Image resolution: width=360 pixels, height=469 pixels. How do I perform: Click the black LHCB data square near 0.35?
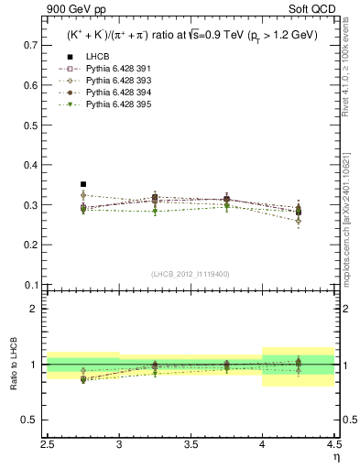click(x=82, y=184)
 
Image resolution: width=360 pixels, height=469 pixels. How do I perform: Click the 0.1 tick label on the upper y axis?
click(x=31, y=285)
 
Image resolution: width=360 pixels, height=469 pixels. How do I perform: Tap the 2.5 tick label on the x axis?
click(x=48, y=443)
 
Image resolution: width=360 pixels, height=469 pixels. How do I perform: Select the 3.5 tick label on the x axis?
click(x=191, y=443)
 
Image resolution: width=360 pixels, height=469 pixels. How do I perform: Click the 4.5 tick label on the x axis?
click(x=333, y=443)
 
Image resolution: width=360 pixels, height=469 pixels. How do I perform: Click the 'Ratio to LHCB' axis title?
click(x=12, y=365)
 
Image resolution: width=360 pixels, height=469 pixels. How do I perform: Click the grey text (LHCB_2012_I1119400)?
click(x=191, y=273)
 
